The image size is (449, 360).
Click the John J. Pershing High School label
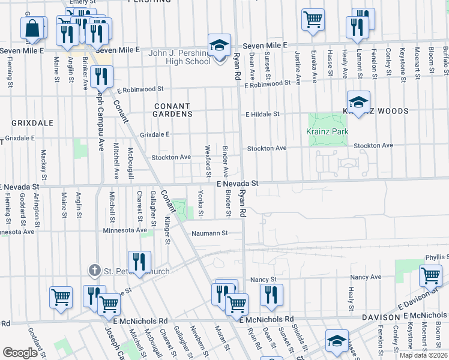tap(179, 57)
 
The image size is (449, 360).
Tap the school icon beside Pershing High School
tap(220, 45)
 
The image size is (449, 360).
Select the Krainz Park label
tap(328, 131)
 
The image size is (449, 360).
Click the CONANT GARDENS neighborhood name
tap(172, 110)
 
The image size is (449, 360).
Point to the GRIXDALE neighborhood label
tap(32, 122)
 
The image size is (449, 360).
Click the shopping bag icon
tap(33, 28)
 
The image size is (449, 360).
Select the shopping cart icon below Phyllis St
tap(430, 276)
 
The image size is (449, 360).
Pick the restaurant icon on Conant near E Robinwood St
tap(101, 76)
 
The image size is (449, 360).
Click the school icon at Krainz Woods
tap(358, 101)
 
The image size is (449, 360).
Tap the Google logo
tap(20, 353)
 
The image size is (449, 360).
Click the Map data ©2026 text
tap(424, 355)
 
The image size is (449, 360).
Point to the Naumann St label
tap(210, 233)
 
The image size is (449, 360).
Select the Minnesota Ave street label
tap(125, 230)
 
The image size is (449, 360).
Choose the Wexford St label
tap(208, 157)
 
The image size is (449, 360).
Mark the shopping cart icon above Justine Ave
tap(313, 20)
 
